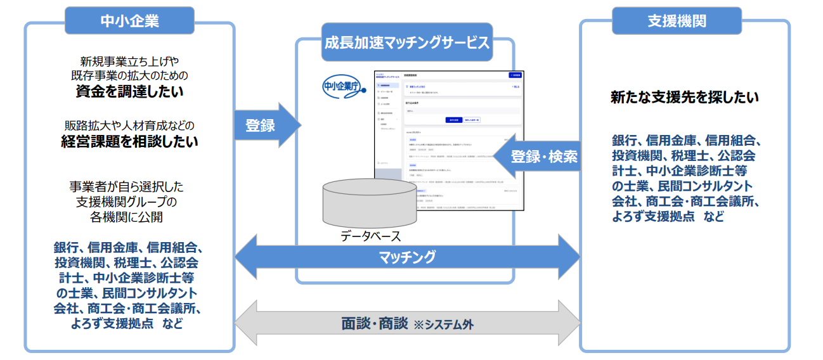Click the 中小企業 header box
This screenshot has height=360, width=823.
pos(129,21)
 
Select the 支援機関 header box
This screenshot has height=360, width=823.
pos(677,21)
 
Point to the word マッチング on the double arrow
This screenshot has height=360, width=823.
pos(407,257)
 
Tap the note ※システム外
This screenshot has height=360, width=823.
pos(443,325)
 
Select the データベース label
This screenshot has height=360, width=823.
pos(371,236)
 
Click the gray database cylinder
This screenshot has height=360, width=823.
pos(370,203)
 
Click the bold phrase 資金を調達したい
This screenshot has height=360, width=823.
pos(129,92)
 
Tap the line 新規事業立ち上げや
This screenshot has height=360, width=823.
pos(129,61)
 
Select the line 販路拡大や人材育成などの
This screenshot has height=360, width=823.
pos(129,124)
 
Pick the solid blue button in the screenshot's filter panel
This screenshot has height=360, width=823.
pos(453,119)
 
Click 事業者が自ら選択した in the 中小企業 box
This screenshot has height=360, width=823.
pos(129,187)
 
